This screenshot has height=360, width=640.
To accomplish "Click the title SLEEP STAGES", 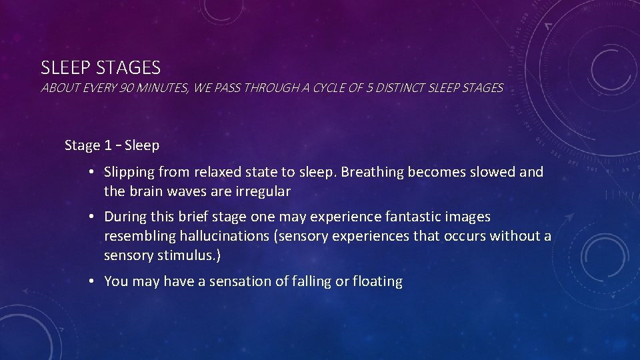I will pos(101,67).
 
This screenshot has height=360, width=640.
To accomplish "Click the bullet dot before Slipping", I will pos(90,173).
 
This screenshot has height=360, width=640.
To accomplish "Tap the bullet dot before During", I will pos(90,217).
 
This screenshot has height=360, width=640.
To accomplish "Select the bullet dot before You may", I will pos(90,282).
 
